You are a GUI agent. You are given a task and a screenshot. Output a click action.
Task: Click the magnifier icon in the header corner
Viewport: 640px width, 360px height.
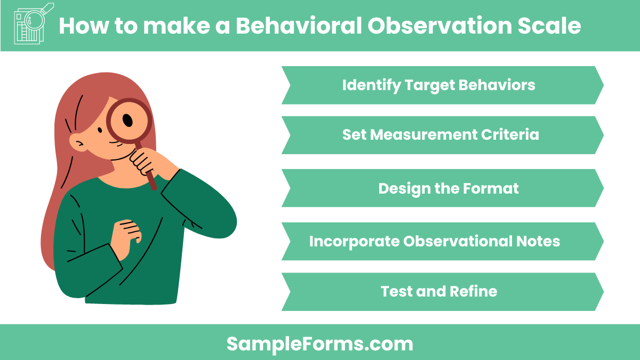(32, 25)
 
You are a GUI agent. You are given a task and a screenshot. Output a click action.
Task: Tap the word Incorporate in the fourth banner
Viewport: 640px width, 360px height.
(354, 242)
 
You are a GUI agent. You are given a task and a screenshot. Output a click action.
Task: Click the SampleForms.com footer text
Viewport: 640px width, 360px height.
(319, 343)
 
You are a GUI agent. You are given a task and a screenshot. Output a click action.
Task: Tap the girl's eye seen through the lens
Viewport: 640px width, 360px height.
(128, 121)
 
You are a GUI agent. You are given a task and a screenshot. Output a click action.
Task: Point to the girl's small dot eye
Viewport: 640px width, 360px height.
(100, 130)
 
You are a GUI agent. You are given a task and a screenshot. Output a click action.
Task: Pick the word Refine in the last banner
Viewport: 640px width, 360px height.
(473, 292)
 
